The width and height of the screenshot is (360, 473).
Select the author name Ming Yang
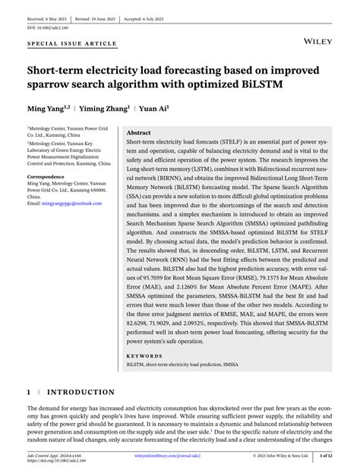pyautogui.click(x=49, y=108)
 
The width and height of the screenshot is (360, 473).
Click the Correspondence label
pyautogui.click(x=51, y=175)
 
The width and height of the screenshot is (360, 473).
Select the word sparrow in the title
pyautogui.click(x=51, y=85)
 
